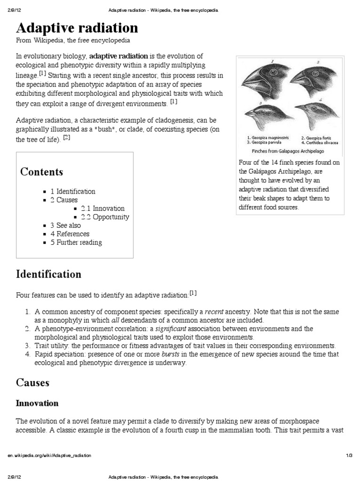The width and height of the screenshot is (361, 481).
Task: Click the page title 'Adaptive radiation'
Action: [x=77, y=28]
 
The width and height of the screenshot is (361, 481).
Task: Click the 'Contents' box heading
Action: [x=41, y=171]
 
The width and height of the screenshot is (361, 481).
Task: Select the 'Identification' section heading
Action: [x=48, y=274]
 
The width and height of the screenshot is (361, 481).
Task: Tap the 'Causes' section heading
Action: [x=32, y=382]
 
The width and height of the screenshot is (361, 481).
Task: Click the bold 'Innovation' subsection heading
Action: [x=37, y=403]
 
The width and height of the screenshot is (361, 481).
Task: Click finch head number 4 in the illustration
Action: [x=314, y=113]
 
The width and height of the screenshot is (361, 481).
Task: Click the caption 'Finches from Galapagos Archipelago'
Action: [x=288, y=151]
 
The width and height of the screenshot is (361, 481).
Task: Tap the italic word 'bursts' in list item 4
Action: [x=170, y=354]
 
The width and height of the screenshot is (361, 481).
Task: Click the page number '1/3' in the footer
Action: [x=349, y=456]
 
